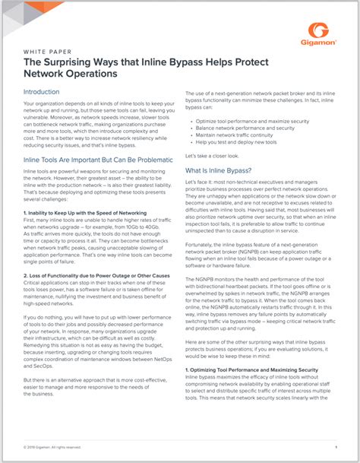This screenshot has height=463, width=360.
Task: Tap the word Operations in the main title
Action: (91, 75)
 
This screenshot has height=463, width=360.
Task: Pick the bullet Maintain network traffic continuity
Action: (239, 135)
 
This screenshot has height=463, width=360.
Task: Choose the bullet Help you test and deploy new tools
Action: (238, 141)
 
